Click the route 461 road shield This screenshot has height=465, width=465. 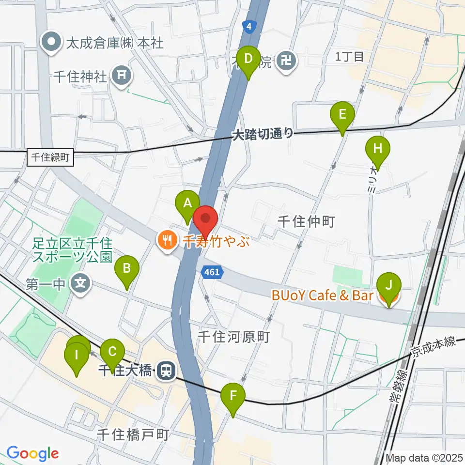point(212,273)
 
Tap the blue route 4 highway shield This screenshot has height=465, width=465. point(248,27)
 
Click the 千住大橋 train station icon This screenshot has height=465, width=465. point(166,371)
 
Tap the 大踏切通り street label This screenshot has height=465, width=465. point(263,134)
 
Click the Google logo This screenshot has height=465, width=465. point(32,453)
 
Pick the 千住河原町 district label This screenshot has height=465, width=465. point(233,337)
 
